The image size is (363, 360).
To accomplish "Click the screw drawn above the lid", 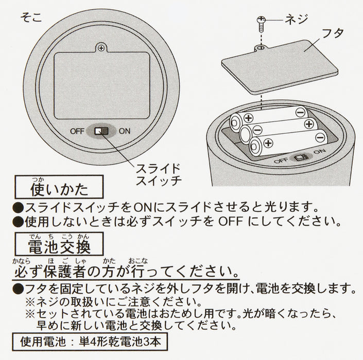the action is [x=262, y=24].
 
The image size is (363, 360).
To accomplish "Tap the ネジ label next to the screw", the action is [x=296, y=19].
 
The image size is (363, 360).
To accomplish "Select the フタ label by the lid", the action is [x=333, y=33].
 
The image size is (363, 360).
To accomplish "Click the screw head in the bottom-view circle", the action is [x=101, y=48].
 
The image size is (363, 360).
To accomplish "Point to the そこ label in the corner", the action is [x=31, y=17].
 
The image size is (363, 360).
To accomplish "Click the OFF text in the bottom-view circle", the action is [x=77, y=131].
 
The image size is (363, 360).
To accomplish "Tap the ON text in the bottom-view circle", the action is [x=125, y=131].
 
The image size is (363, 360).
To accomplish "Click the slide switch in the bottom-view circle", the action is [x=101, y=131].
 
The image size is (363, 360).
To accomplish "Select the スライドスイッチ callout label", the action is [x=159, y=174].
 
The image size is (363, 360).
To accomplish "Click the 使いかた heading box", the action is [x=59, y=187].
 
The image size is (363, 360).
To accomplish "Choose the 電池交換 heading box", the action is [x=59, y=244].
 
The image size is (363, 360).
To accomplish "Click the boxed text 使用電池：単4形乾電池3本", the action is [x=90, y=341].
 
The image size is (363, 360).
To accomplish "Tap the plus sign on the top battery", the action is [x=248, y=118].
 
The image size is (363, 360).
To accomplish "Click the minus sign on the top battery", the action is [x=300, y=113].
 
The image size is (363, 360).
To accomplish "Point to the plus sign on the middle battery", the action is [x=309, y=124].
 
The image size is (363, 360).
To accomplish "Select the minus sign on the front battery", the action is [x=320, y=138].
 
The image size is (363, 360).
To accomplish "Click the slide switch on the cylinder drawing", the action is [x=301, y=158].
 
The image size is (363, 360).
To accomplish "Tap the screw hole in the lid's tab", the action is [x=261, y=48].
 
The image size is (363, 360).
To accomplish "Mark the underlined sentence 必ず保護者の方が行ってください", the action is [x=126, y=271].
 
